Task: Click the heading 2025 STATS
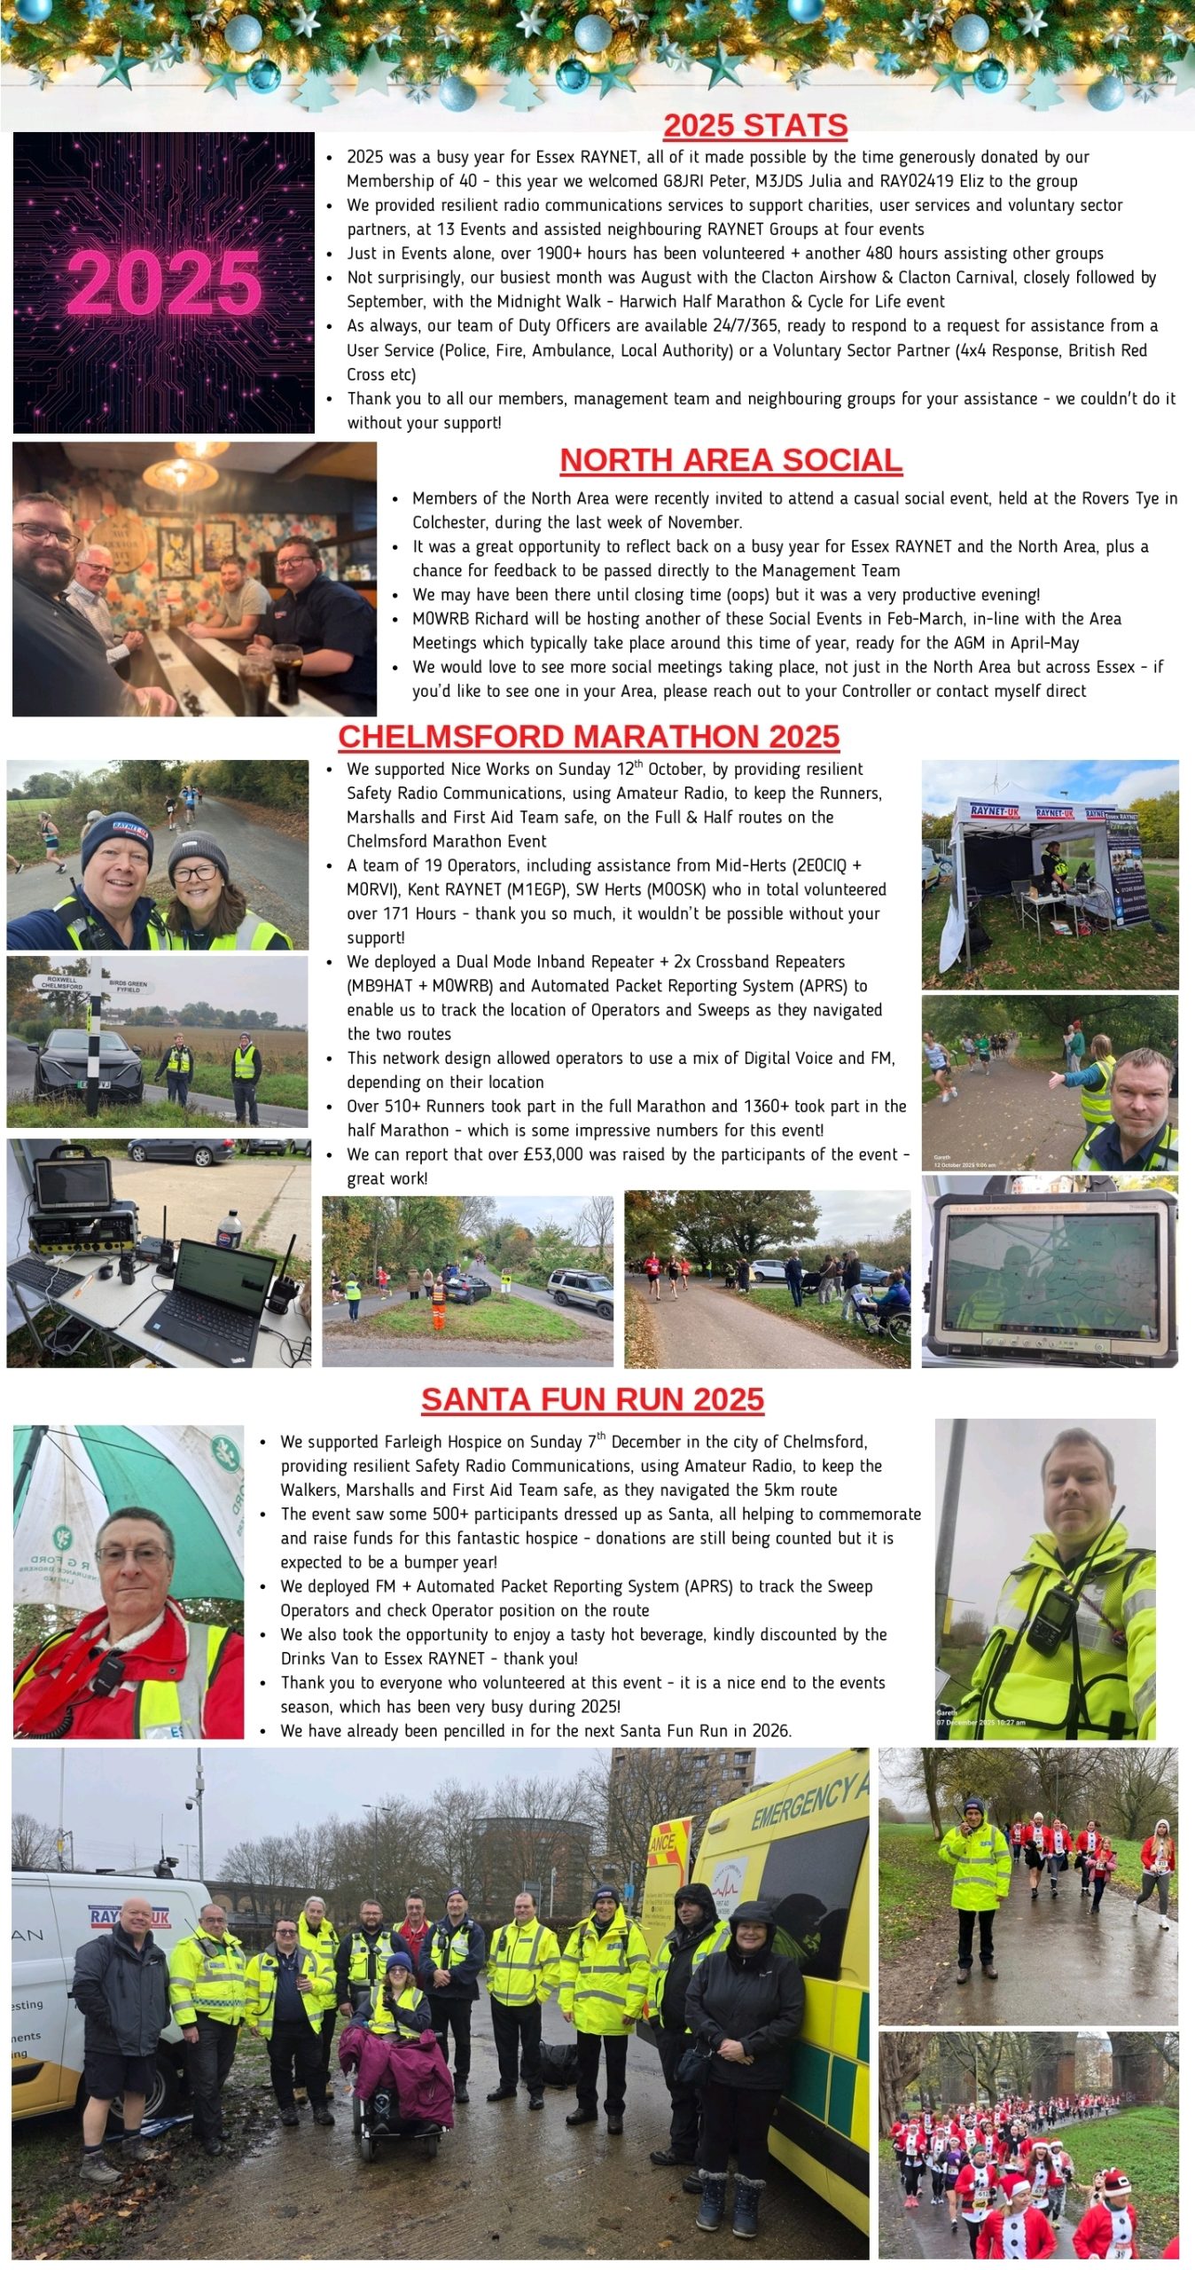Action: (x=755, y=126)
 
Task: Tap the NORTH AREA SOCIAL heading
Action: (x=730, y=460)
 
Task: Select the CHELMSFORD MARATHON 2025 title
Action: (x=589, y=737)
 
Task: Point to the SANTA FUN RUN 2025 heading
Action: (x=592, y=1399)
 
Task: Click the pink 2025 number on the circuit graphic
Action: (x=164, y=282)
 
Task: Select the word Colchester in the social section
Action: (x=449, y=522)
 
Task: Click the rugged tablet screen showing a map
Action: (x=1050, y=1272)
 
